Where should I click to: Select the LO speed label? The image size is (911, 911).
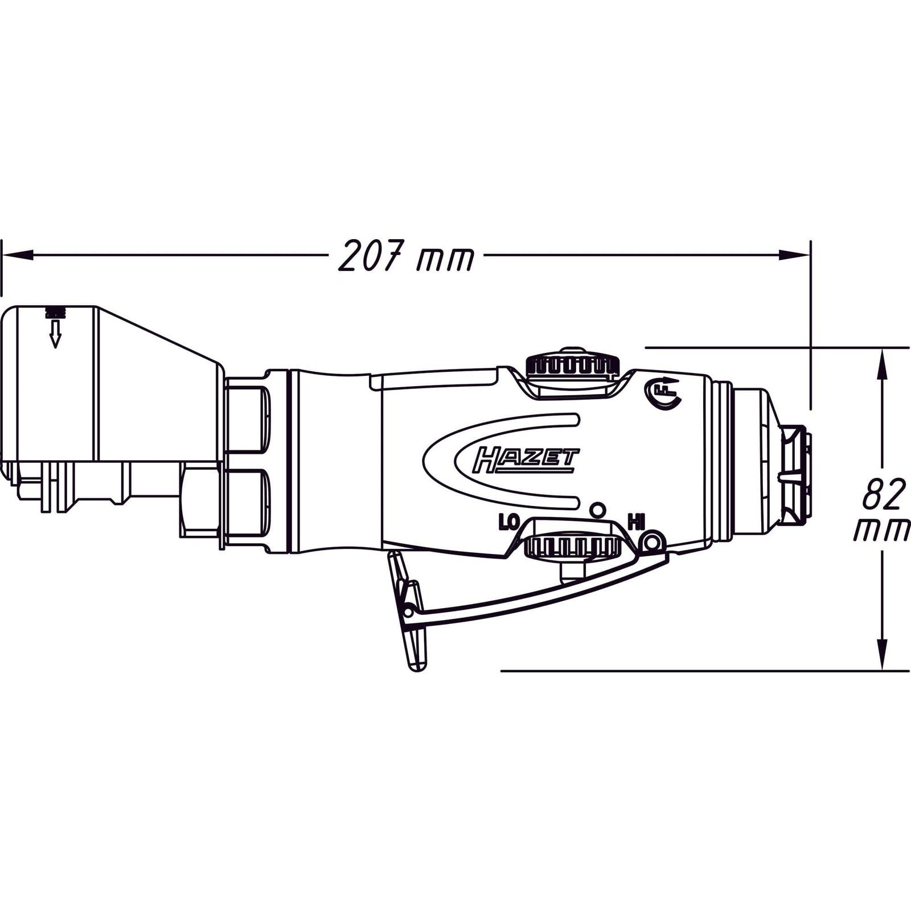pyautogui.click(x=508, y=522)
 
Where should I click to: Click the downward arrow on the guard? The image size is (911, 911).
pyautogui.click(x=55, y=334)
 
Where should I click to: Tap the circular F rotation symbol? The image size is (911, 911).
pyautogui.click(x=663, y=393)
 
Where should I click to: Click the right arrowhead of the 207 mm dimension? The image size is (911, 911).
pyautogui.click(x=794, y=256)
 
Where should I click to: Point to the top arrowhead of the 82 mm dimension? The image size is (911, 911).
pyautogui.click(x=882, y=365)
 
